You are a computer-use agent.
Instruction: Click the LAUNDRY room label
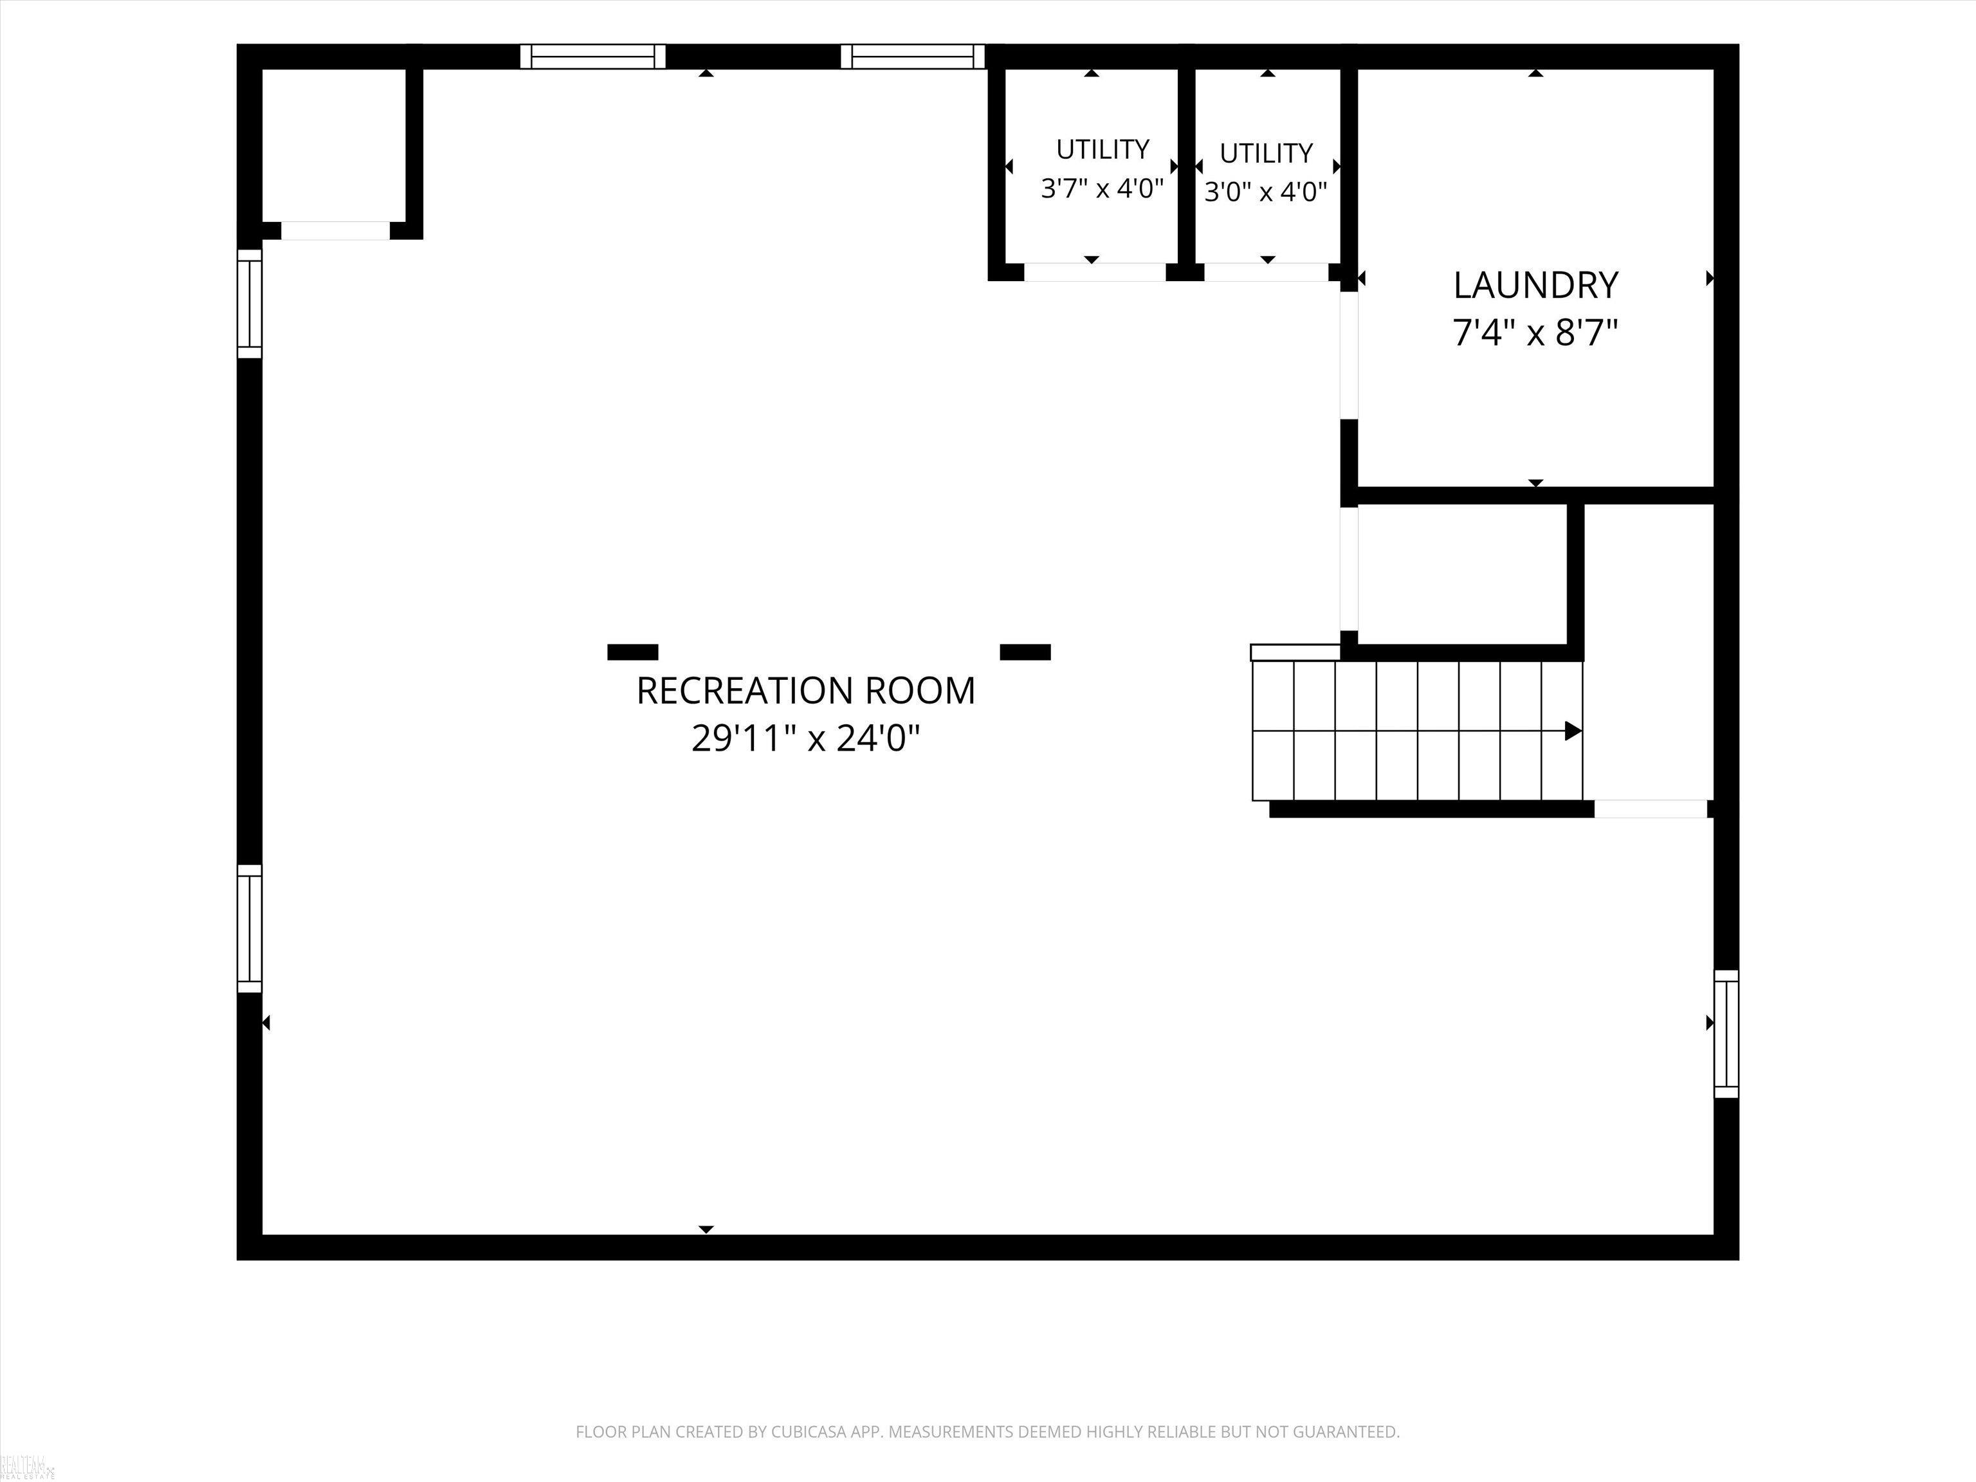pos(1535,286)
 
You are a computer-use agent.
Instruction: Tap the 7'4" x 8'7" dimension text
pos(1535,333)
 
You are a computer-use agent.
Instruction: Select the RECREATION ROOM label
pos(806,691)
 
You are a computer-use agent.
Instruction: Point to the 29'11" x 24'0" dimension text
pos(806,739)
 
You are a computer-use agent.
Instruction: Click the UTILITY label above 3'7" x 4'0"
pos(1102,149)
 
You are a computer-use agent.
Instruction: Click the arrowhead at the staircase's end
pos(1573,731)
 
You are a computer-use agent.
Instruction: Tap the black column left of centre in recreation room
pos(632,652)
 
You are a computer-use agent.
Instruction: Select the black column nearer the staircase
pos(1025,652)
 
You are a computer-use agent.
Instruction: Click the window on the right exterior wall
pos(1726,1034)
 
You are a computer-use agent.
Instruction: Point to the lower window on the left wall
pos(250,928)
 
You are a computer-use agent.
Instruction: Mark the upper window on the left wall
pos(250,304)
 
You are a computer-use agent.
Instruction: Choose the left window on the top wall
pos(593,56)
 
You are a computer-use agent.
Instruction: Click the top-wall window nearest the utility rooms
pos(912,56)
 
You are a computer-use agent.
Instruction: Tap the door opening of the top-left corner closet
pos(336,230)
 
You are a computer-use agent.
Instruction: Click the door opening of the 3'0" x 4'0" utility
pos(1267,273)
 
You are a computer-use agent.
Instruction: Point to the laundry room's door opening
pos(1349,356)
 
